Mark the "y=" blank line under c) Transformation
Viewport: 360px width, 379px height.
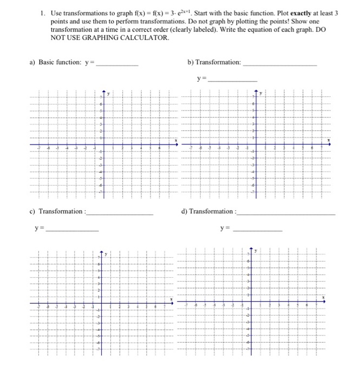click(x=73, y=231)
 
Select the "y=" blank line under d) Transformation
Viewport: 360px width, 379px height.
click(x=257, y=231)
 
